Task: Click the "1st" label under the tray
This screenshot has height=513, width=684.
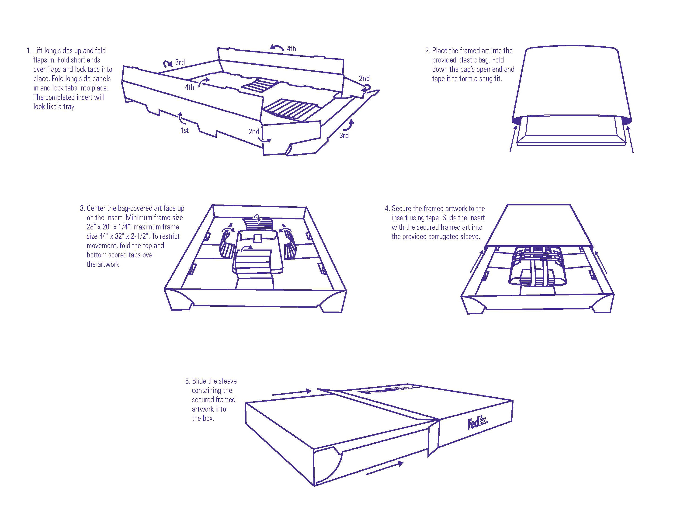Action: pyautogui.click(x=185, y=131)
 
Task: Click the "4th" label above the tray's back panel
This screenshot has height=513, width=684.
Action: pyautogui.click(x=291, y=49)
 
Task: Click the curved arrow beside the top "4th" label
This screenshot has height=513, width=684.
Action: pyautogui.click(x=277, y=47)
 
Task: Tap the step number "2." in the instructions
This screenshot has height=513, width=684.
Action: pyautogui.click(x=428, y=51)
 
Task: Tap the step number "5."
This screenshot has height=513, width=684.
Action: pyautogui.click(x=187, y=381)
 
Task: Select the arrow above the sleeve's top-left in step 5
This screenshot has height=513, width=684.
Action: pyautogui.click(x=292, y=392)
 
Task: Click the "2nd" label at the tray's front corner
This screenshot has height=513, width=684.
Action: pyautogui.click(x=254, y=132)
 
